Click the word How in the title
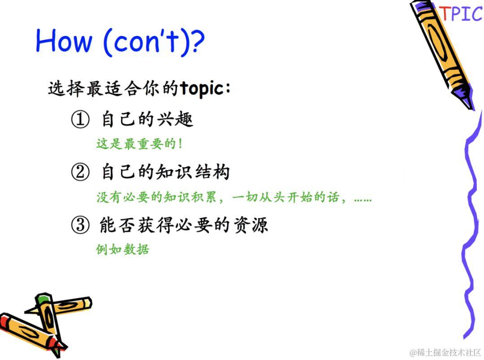pyautogui.click(x=64, y=40)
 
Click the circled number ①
pyautogui.click(x=80, y=119)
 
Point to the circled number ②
pyautogui.click(x=80, y=172)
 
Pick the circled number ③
pyautogui.click(x=80, y=225)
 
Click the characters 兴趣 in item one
pyautogui.click(x=175, y=119)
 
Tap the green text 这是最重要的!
pyautogui.click(x=139, y=144)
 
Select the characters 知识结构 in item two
pyautogui.click(x=193, y=172)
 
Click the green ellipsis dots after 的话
pyautogui.click(x=363, y=200)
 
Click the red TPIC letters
pyautogui.click(x=461, y=13)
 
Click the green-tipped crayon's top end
pyautogui.click(x=43, y=298)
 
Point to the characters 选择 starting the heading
pyautogui.click(x=66, y=88)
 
